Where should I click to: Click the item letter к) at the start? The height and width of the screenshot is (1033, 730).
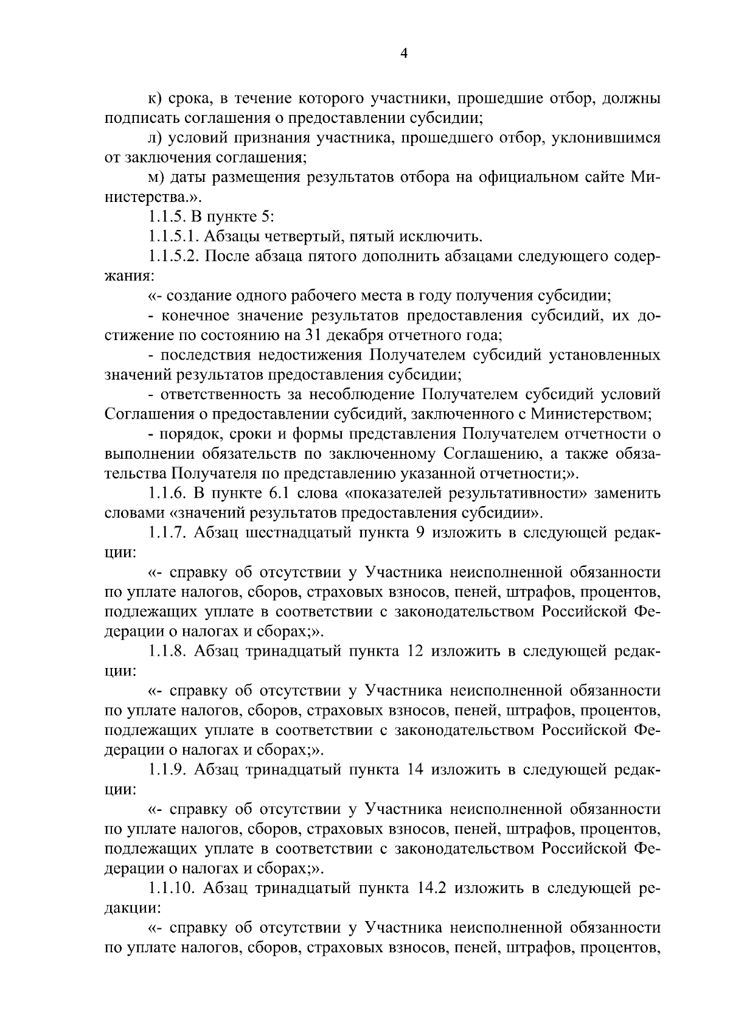click(154, 99)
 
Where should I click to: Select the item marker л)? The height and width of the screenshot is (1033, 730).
click(155, 138)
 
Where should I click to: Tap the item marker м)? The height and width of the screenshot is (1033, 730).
click(155, 178)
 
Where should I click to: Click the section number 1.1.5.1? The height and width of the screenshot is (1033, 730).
click(172, 237)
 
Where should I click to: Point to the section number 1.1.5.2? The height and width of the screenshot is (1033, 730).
click(172, 257)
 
